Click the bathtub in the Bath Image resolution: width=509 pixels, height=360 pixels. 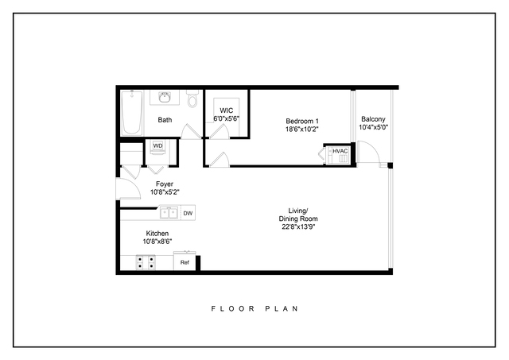tap(132, 113)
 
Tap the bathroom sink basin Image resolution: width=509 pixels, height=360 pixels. tap(165, 97)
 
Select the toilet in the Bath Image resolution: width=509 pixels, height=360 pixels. tap(192, 99)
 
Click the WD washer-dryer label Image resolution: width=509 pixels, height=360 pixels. tap(157, 145)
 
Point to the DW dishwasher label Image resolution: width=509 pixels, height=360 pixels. tap(188, 213)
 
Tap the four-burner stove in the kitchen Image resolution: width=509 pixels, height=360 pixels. tap(146, 263)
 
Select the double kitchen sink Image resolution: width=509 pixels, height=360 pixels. tap(169, 213)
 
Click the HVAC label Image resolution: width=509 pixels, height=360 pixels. tap(340, 151)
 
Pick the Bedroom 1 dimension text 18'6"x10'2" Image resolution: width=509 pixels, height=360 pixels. tap(302, 129)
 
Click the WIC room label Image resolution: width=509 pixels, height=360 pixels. tap(226, 110)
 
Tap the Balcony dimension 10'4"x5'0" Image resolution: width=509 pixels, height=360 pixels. tap(373, 127)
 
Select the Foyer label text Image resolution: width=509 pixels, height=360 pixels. tap(165, 184)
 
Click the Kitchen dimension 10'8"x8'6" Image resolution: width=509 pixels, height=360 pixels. tap(157, 242)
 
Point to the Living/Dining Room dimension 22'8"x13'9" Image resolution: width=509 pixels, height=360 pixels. tap(298, 226)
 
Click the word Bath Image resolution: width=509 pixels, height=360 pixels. tap(165, 120)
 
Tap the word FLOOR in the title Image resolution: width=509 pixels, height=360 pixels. tap(233, 308)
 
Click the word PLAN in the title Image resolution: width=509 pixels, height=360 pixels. tap(282, 308)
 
